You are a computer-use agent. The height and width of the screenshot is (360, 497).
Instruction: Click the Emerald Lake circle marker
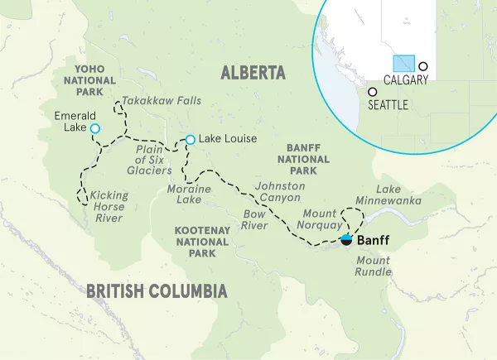click(x=95, y=128)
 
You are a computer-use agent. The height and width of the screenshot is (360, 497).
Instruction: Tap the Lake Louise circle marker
click(x=191, y=139)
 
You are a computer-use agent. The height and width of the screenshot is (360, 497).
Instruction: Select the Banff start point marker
click(x=346, y=240)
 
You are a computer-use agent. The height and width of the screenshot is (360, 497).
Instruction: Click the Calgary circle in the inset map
click(x=423, y=65)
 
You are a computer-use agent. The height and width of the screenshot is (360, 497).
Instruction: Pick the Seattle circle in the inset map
click(x=373, y=92)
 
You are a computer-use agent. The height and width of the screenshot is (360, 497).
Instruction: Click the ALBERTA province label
click(x=253, y=74)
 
